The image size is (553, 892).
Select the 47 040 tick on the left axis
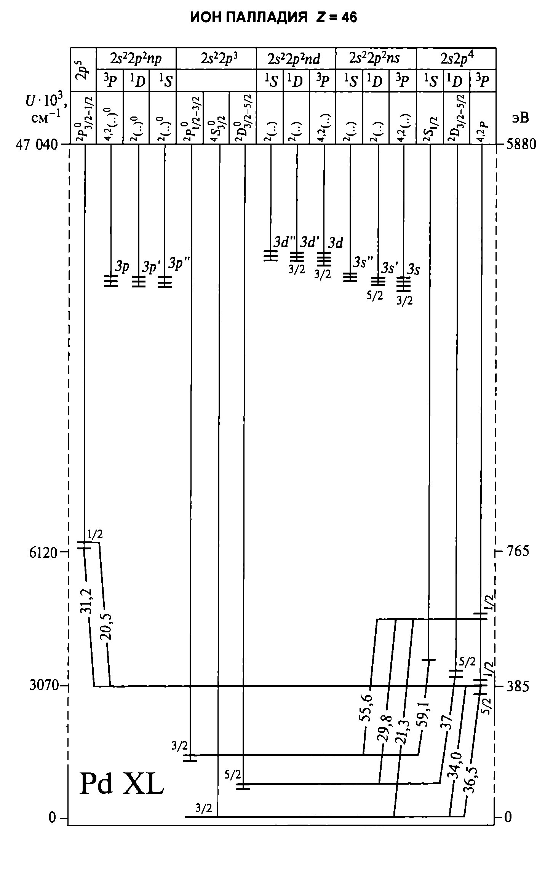[x=37, y=145]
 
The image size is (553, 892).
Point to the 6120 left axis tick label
[x=43, y=552]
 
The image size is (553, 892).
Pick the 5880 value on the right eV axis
[x=520, y=145]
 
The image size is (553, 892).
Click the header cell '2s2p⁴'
[x=456, y=59]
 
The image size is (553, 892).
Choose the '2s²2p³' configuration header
[x=216, y=59]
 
